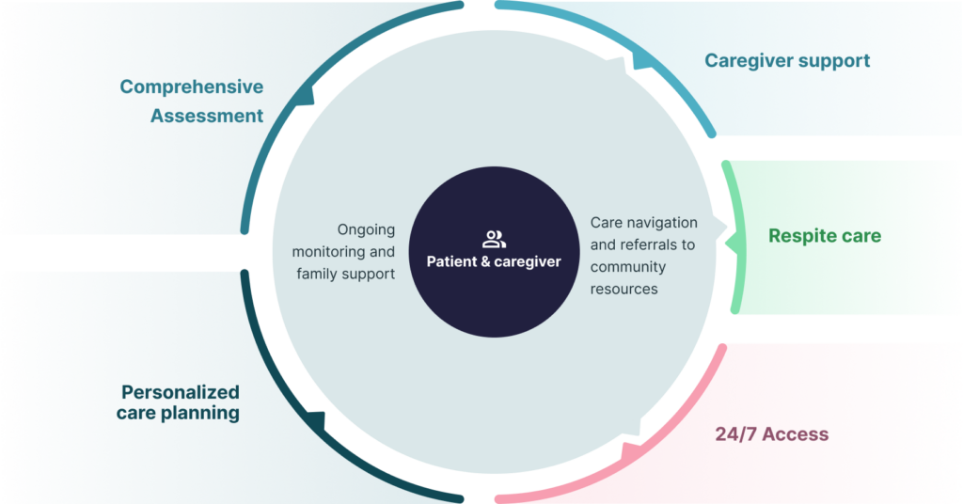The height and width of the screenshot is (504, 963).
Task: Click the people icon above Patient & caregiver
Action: (x=494, y=239)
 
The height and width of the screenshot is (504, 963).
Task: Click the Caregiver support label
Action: (x=787, y=61)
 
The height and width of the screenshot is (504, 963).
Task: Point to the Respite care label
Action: (x=825, y=236)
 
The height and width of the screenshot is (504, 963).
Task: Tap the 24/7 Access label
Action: (x=771, y=434)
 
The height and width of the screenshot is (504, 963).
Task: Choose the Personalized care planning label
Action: (x=180, y=402)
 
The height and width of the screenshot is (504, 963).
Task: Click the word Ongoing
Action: (x=366, y=230)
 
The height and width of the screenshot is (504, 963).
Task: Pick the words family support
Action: (x=345, y=275)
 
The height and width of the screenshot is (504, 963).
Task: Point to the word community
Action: (x=627, y=267)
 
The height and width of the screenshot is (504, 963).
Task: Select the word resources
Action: (x=624, y=290)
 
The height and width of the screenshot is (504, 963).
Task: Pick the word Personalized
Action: (x=180, y=392)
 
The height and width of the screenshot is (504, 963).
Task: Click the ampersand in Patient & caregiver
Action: (x=485, y=261)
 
